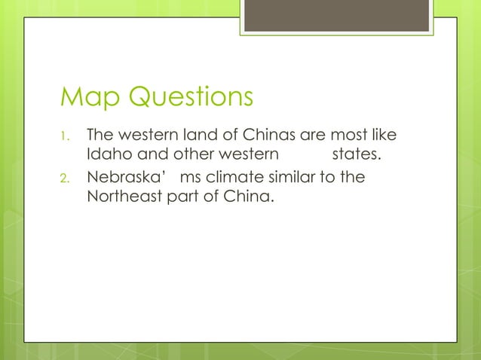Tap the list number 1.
coord(64,138)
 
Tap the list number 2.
coord(64,179)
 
